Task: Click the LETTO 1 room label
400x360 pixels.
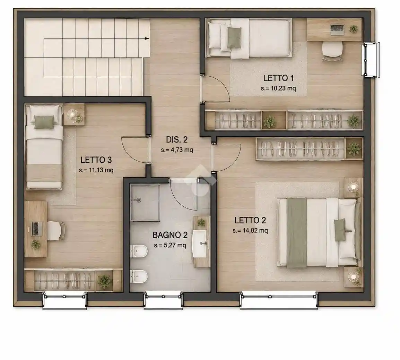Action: tap(278, 78)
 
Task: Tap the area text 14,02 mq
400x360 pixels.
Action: tap(255, 231)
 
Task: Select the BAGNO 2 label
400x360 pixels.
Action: tap(170, 235)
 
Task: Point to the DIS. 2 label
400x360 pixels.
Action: tap(177, 140)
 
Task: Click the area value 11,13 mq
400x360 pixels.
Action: tap(101, 170)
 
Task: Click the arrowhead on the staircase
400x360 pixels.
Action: tap(147, 38)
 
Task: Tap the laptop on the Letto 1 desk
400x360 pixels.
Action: tap(337, 29)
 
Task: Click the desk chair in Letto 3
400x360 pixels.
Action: tap(55, 231)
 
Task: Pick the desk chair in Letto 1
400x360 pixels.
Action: tap(332, 51)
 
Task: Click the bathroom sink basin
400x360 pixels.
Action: tap(200, 243)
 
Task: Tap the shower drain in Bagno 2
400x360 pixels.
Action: tap(139, 200)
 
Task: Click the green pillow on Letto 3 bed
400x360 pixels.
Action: tap(44, 122)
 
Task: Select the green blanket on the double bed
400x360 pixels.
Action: tap(297, 233)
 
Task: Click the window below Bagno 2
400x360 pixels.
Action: tap(163, 301)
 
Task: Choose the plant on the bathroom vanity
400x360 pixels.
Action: tap(201, 222)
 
